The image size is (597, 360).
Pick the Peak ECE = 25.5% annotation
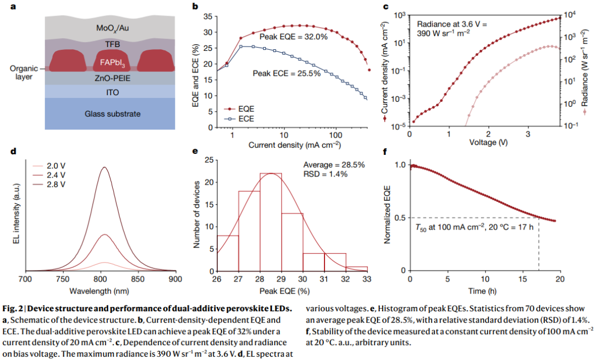pos(286,73)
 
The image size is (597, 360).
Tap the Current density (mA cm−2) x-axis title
pos(294,146)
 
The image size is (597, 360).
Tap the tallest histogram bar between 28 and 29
pos(271,221)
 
